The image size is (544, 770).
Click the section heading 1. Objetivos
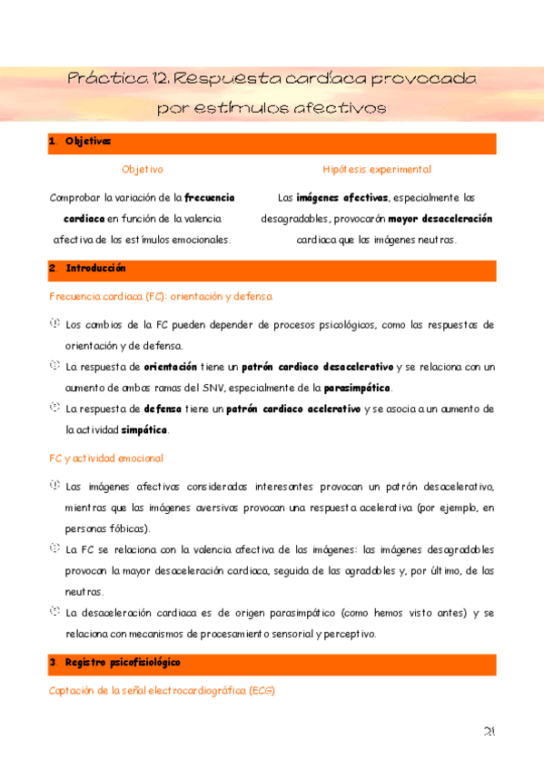tap(81, 142)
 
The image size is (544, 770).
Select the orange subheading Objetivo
tap(143, 170)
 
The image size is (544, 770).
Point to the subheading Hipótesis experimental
tap(376, 170)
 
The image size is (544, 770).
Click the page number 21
tap(489, 733)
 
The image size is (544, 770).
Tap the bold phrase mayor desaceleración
tap(440, 219)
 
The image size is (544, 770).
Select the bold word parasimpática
tap(358, 389)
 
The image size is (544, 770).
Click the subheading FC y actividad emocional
tap(106, 459)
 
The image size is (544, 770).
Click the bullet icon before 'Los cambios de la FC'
tap(55, 323)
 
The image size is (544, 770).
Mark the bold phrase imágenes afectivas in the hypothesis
tap(341, 197)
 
